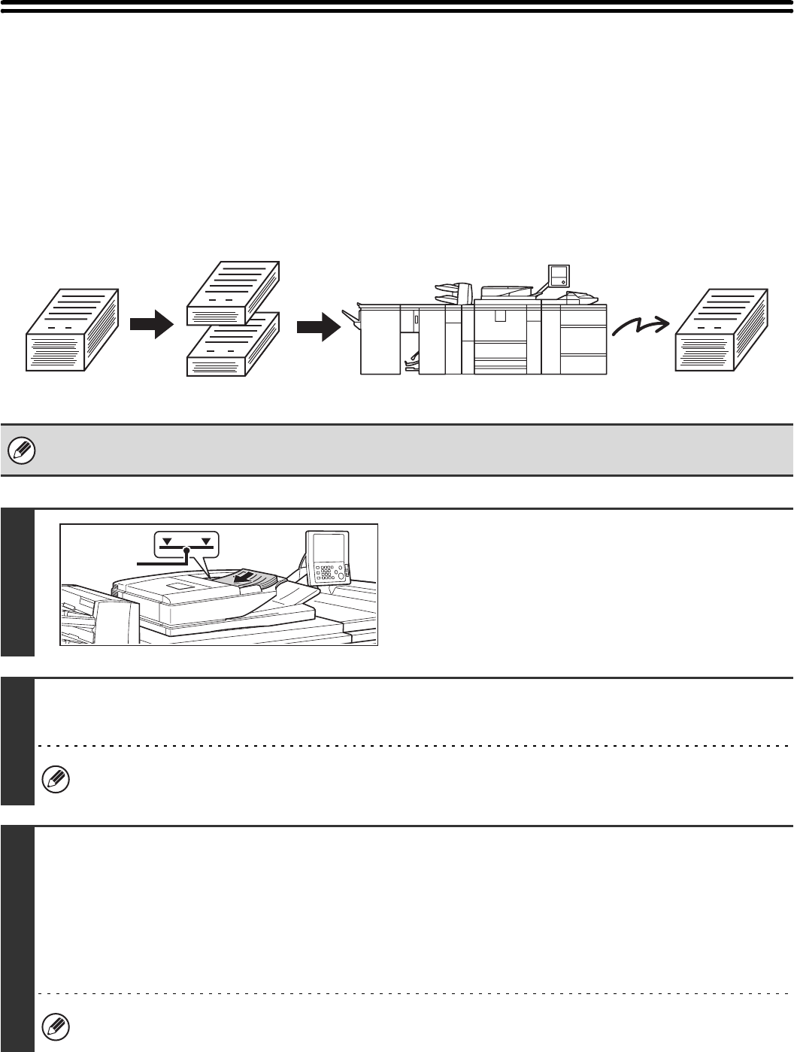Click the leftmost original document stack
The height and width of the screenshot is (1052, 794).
tap(72, 330)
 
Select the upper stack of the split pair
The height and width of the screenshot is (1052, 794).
tap(233, 293)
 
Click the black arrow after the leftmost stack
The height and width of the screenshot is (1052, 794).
tap(151, 326)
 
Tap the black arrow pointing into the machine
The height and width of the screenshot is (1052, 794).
tap(318, 326)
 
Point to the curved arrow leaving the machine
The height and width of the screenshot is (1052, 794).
tap(640, 325)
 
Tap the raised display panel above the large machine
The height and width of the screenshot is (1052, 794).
tap(559, 275)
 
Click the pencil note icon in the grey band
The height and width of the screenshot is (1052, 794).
tap(17, 450)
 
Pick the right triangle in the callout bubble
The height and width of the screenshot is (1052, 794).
tap(205, 540)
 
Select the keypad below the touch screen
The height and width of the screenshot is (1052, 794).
tap(329, 575)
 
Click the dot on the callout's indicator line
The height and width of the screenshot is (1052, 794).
tap(187, 551)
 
